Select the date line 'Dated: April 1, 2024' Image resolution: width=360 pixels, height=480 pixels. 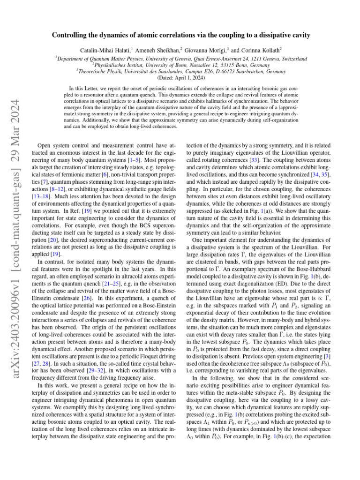pyautogui.click(x=180, y=78)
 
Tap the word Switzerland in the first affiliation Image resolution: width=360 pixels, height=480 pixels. pyautogui.click(x=292, y=59)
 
